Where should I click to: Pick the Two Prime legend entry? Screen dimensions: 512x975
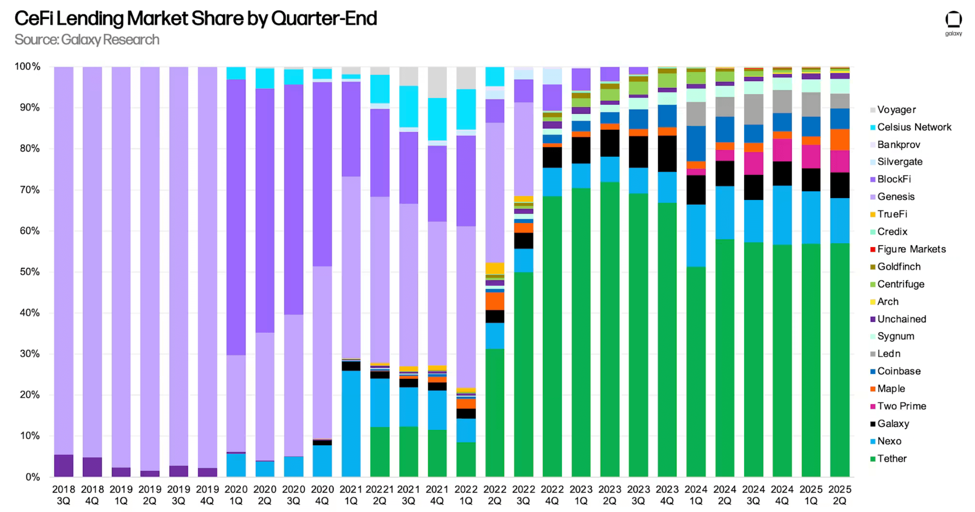pos(901,406)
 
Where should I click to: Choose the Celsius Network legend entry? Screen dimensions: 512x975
pos(914,127)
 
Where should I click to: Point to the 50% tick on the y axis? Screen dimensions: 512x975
pos(30,272)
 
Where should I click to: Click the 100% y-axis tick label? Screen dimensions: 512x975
pos(28,67)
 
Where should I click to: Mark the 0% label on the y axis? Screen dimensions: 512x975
pos(33,477)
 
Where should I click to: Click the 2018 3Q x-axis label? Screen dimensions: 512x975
pos(64,495)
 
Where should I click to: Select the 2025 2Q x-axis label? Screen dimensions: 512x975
pos(840,495)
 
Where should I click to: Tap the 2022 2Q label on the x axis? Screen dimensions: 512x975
pos(495,495)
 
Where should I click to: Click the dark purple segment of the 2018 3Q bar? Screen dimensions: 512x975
pos(64,465)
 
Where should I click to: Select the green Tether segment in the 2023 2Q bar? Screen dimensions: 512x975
pos(610,331)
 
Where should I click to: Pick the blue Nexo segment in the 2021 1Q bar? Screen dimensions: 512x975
pos(351,424)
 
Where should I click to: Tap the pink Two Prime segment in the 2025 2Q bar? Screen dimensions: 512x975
pos(840,161)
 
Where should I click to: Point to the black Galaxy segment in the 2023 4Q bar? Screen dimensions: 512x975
pos(667,153)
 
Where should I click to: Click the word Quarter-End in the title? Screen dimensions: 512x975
pos(324,19)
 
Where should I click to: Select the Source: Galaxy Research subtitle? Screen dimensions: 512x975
pos(87,40)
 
